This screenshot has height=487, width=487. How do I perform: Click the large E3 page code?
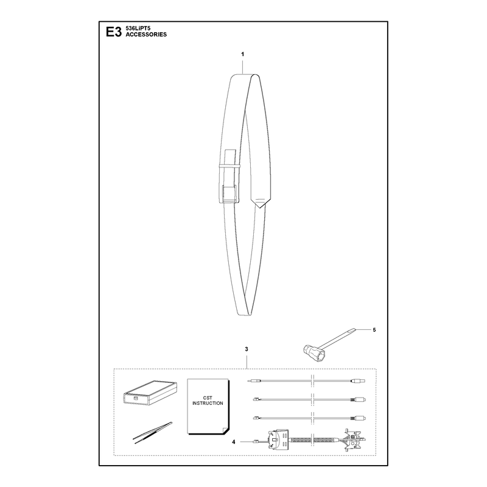(x=113, y=32)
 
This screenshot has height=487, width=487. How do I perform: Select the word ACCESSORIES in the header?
(x=146, y=35)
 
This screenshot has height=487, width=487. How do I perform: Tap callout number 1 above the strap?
(x=242, y=54)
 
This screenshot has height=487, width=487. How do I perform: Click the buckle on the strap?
(x=229, y=194)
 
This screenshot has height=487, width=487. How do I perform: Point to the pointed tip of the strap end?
(x=261, y=208)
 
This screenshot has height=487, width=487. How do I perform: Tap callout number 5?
(x=374, y=330)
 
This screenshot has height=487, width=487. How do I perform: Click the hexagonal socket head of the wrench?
(x=312, y=352)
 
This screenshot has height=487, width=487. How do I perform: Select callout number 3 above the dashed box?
(x=247, y=349)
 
